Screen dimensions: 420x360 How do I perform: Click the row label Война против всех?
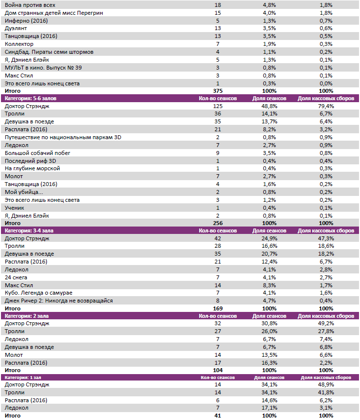pos(30,4)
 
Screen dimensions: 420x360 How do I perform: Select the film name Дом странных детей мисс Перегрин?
pos(54,12)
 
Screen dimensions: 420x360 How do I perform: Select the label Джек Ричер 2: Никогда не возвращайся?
pos(59,301)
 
